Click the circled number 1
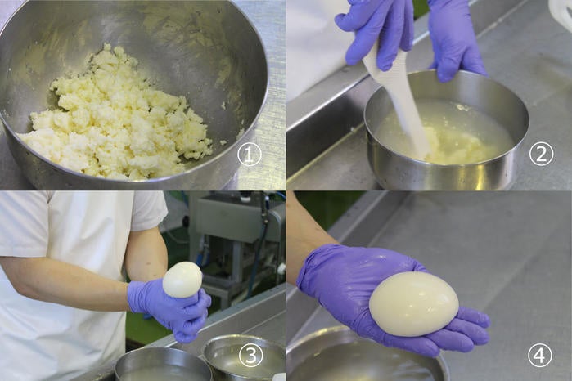250,155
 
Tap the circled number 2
542,155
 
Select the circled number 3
251,355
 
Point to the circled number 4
540,355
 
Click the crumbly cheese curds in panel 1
117,117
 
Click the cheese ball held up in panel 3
182,280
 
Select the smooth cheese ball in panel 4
414,303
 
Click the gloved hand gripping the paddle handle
376,33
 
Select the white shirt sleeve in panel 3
146,211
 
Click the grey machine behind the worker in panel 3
237,233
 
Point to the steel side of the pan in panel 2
448,172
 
